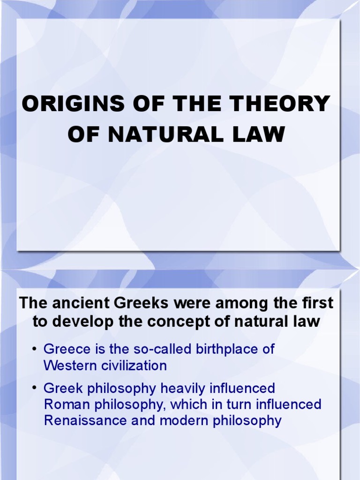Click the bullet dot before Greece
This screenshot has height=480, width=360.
[35, 350]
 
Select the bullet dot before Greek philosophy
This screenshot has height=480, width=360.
[35, 389]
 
